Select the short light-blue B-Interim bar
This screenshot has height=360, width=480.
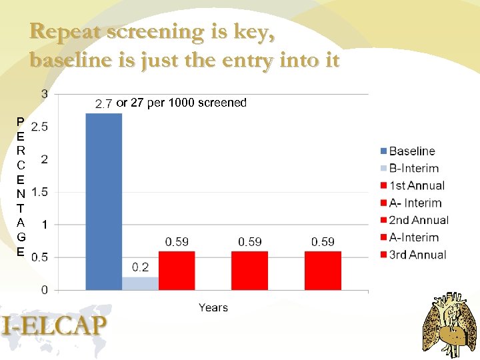tap(140, 283)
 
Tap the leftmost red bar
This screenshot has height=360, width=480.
tap(177, 271)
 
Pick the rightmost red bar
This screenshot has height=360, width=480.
tap(323, 271)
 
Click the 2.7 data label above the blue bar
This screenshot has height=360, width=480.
tap(103, 103)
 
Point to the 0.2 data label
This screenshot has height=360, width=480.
tap(140, 267)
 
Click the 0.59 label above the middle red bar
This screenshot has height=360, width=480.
tap(250, 241)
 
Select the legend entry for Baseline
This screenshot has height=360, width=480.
tap(411, 151)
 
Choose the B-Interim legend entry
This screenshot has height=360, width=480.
tap(413, 169)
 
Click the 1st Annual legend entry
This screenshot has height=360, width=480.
tap(416, 186)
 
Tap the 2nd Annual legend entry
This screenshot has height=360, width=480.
tap(418, 220)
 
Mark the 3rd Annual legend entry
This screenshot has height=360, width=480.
tap(417, 255)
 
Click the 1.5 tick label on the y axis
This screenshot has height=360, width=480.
tap(39, 192)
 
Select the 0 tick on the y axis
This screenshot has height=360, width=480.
tap(45, 290)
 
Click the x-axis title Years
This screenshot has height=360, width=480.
tap(213, 307)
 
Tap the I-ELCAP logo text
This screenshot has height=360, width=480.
tap(55, 326)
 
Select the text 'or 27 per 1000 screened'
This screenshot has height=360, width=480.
tap(181, 103)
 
